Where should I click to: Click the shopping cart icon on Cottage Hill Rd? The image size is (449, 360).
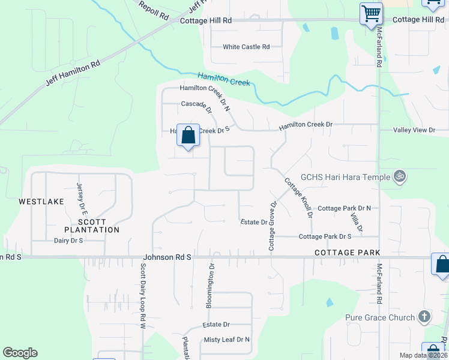[371, 13]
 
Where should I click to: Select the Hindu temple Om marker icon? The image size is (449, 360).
[399, 176]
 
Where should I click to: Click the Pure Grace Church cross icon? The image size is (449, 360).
[424, 316]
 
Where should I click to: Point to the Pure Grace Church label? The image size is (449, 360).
[380, 317]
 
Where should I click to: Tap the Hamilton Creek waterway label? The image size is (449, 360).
[224, 79]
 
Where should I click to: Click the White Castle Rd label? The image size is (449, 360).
[246, 47]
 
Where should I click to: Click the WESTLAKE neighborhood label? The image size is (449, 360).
[41, 202]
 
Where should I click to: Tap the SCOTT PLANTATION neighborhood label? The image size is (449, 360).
[92, 226]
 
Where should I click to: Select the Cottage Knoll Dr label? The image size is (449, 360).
[299, 197]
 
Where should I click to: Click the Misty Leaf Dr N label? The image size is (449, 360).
[227, 340]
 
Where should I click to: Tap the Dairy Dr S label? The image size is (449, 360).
[68, 240]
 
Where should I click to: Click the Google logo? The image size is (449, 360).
[20, 353]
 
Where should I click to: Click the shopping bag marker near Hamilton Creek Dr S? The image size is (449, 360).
[188, 136]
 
